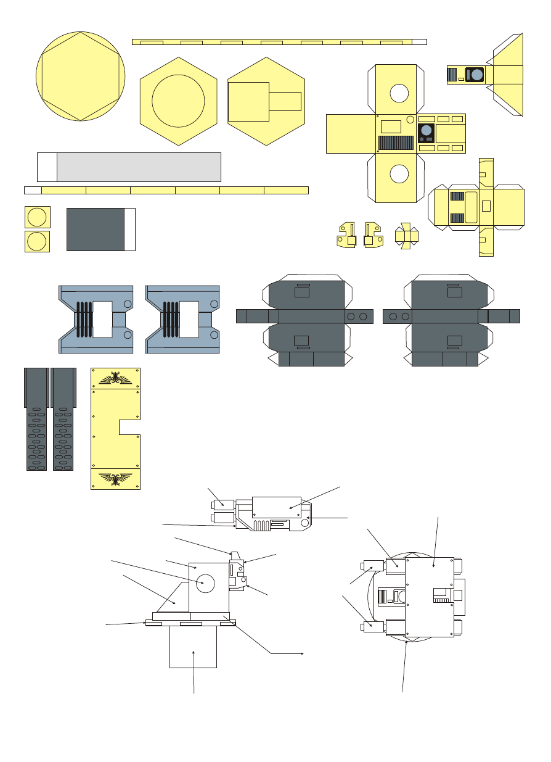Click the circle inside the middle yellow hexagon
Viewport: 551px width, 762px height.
pos(178,101)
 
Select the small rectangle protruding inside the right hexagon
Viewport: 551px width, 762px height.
pos(285,101)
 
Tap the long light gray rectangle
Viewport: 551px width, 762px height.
pos(139,167)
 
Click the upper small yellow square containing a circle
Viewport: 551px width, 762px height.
pos(37,218)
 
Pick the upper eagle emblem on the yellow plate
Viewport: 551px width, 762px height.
pos(116,378)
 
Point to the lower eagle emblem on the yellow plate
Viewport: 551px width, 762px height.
pos(116,478)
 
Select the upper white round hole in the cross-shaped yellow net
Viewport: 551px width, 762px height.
pos(399,93)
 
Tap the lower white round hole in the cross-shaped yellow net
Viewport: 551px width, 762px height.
pos(399,175)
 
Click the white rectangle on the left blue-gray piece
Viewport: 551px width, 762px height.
pos(102,320)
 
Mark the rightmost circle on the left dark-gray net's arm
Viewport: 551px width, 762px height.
pos(363,317)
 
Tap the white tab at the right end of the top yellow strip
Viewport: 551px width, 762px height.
pos(419,42)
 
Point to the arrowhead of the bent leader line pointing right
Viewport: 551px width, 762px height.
pos(303,652)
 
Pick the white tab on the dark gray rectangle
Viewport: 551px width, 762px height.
pos(129,230)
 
